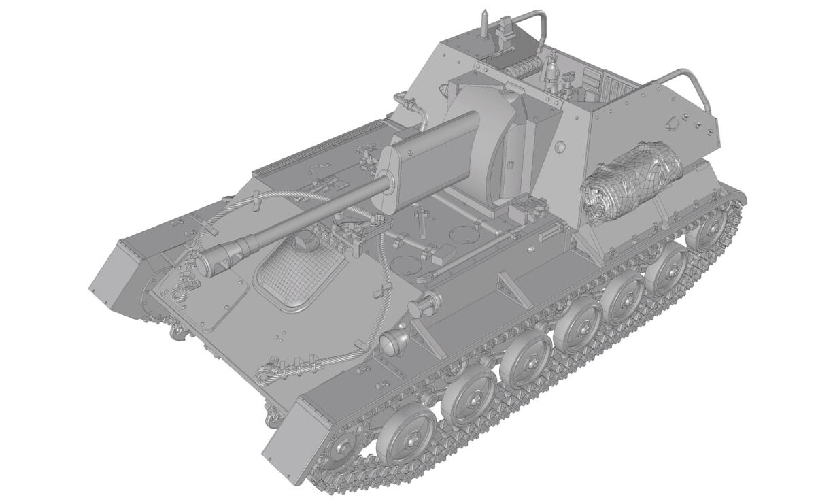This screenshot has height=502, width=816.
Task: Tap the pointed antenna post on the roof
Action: tap(483, 21)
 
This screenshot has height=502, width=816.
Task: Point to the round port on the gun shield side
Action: tap(560, 147)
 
